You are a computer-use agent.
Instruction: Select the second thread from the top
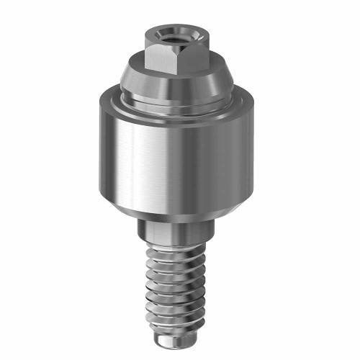tap(179, 262)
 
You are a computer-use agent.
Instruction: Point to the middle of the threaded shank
tap(181, 284)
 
